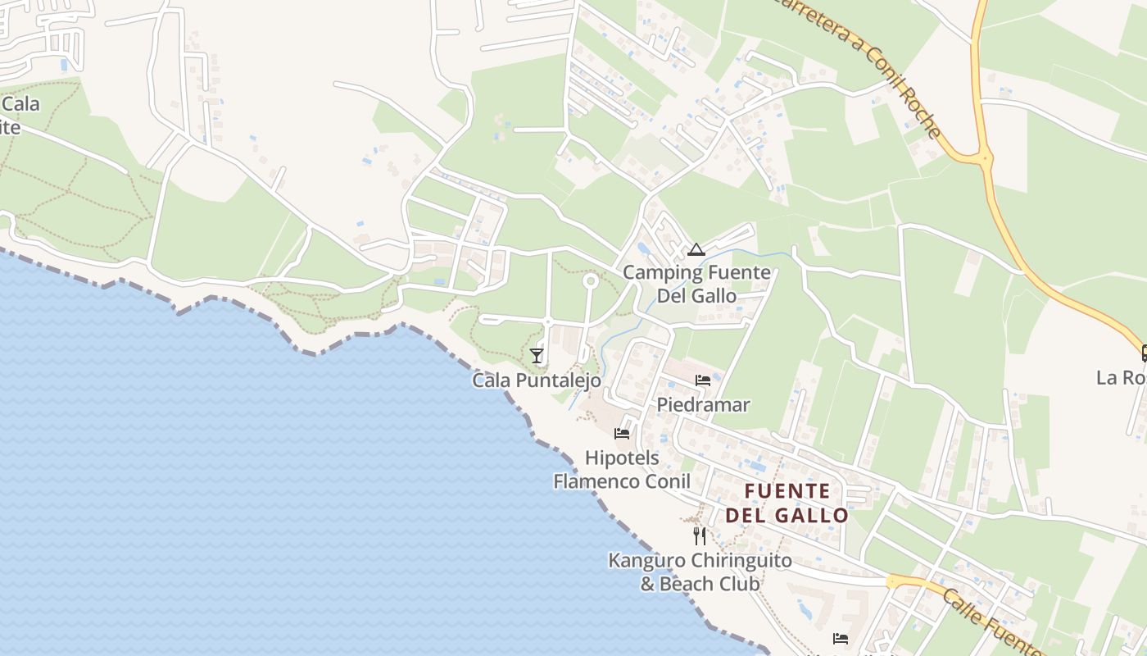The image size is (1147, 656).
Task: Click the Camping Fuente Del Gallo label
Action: click(x=696, y=284)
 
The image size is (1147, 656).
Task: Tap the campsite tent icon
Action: click(x=696, y=250)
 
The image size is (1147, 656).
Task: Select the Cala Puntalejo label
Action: click(x=537, y=380)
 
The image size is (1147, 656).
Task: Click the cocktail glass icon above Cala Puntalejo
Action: click(x=537, y=356)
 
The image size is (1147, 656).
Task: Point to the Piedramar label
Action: click(x=703, y=405)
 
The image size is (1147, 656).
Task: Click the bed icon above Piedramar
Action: click(x=703, y=380)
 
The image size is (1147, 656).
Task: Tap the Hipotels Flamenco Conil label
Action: click(x=622, y=469)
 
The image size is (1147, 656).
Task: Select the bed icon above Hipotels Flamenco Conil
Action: click(x=622, y=434)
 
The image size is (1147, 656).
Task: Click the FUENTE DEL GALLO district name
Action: click(x=787, y=503)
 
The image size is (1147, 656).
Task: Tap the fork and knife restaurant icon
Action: click(x=700, y=536)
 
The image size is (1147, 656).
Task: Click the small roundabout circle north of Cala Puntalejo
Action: click(x=590, y=281)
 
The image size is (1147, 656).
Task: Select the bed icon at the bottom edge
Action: click(x=840, y=638)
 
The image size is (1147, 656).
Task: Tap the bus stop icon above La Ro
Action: click(x=1143, y=353)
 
